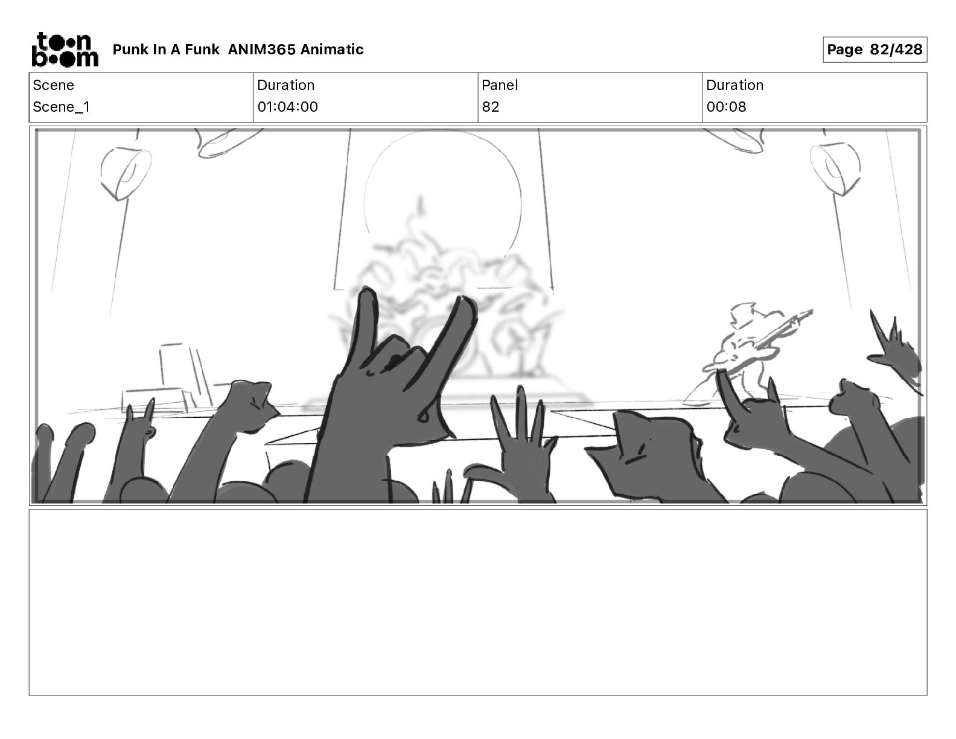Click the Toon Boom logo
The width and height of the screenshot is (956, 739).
click(65, 50)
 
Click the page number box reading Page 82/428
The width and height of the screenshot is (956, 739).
click(875, 50)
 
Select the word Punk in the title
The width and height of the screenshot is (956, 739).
click(130, 50)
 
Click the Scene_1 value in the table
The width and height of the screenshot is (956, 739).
click(61, 106)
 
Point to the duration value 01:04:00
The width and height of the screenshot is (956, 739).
click(287, 106)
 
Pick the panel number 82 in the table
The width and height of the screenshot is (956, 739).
click(491, 106)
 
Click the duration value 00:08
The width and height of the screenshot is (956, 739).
click(726, 106)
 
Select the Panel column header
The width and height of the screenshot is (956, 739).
click(500, 85)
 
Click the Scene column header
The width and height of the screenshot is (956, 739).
click(53, 85)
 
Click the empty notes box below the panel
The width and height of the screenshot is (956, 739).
click(478, 603)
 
